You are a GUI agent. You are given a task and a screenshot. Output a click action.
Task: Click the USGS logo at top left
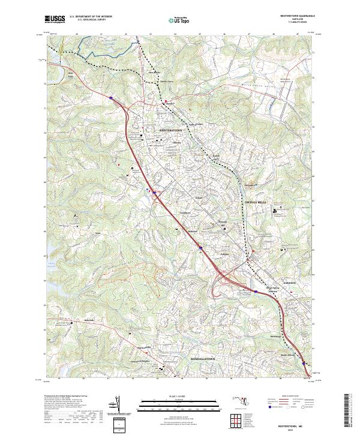(x=55, y=19)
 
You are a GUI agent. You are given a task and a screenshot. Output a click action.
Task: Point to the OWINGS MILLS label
(x=257, y=203)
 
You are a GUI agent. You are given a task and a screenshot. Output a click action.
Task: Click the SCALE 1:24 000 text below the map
(x=178, y=396)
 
